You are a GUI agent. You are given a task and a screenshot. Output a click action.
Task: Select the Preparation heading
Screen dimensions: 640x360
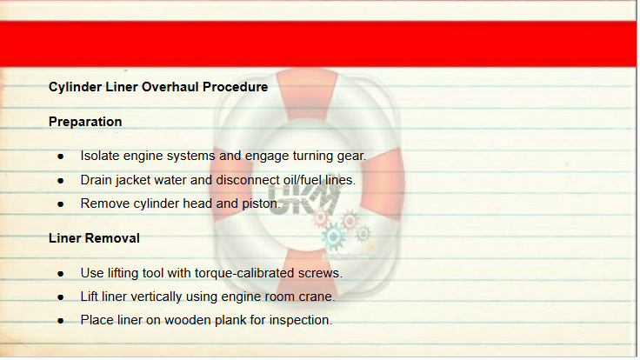click(85, 122)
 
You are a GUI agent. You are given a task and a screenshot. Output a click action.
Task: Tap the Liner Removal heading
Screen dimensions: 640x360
click(94, 238)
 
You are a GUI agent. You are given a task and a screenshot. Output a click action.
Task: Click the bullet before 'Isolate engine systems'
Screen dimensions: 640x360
click(61, 157)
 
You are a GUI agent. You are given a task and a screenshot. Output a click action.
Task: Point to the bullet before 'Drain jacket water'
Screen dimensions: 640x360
click(61, 180)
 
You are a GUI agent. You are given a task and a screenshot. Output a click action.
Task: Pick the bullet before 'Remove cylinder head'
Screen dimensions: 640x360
click(61, 204)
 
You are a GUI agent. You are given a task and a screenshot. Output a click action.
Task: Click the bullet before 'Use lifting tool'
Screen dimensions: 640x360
click(61, 273)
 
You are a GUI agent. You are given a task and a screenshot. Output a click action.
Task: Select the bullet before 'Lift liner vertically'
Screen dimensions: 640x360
click(61, 297)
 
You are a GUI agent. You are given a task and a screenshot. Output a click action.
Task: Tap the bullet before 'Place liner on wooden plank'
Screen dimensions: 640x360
click(61, 321)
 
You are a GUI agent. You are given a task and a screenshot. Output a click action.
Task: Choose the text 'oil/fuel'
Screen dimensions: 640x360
click(302, 180)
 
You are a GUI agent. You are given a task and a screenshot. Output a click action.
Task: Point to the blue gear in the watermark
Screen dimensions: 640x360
click(333, 236)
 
